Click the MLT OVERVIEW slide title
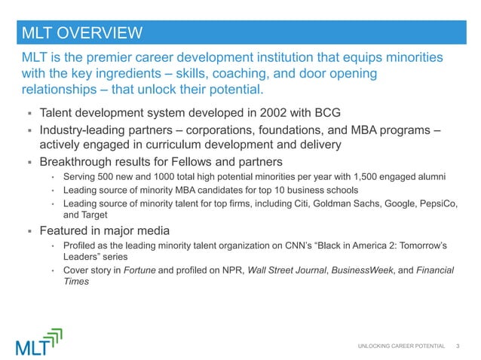tap(81, 32)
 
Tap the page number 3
tap(458, 346)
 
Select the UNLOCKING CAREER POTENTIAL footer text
tap(400, 346)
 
